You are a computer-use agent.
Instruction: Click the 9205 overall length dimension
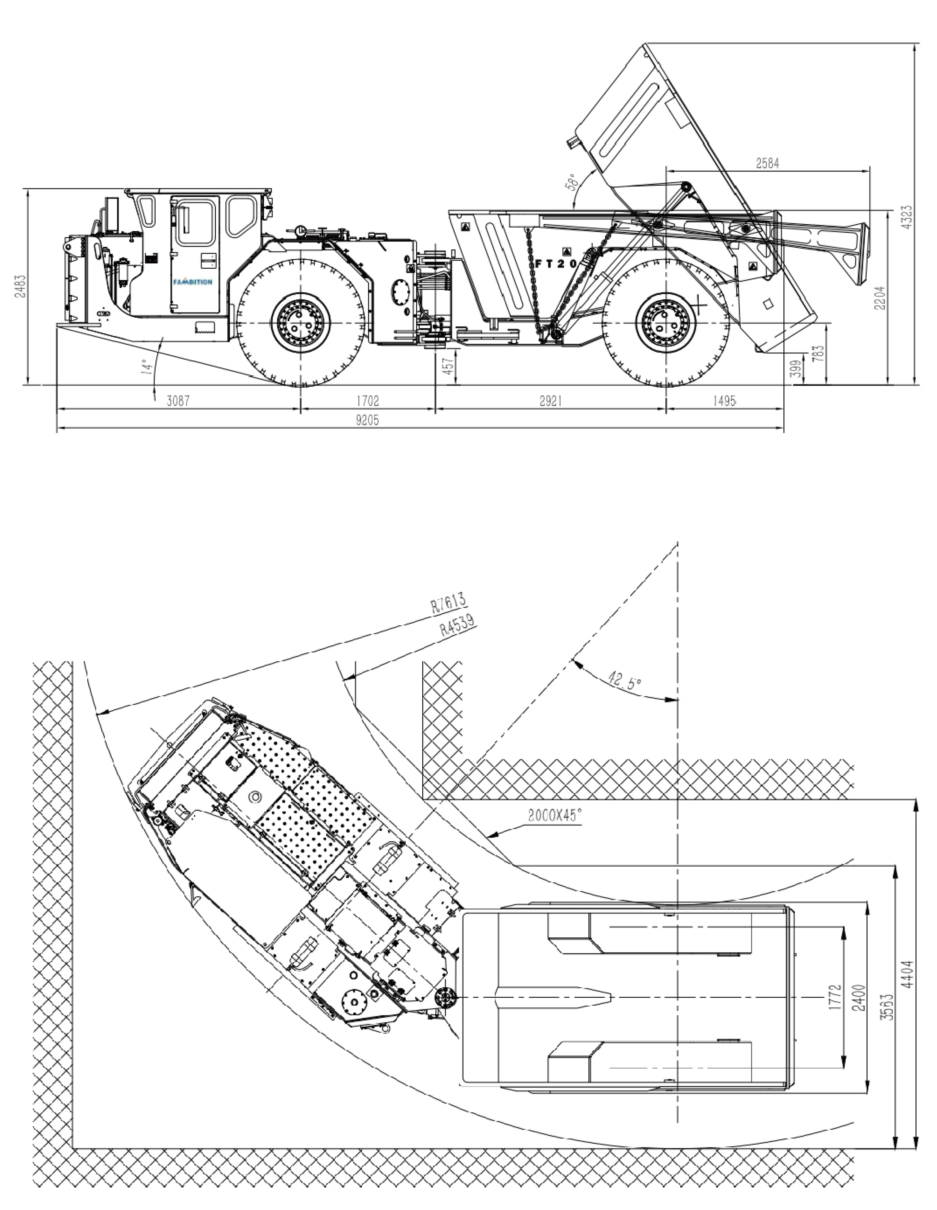367,421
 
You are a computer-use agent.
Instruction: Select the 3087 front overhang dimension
178,401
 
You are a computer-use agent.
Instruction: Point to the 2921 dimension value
550,401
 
